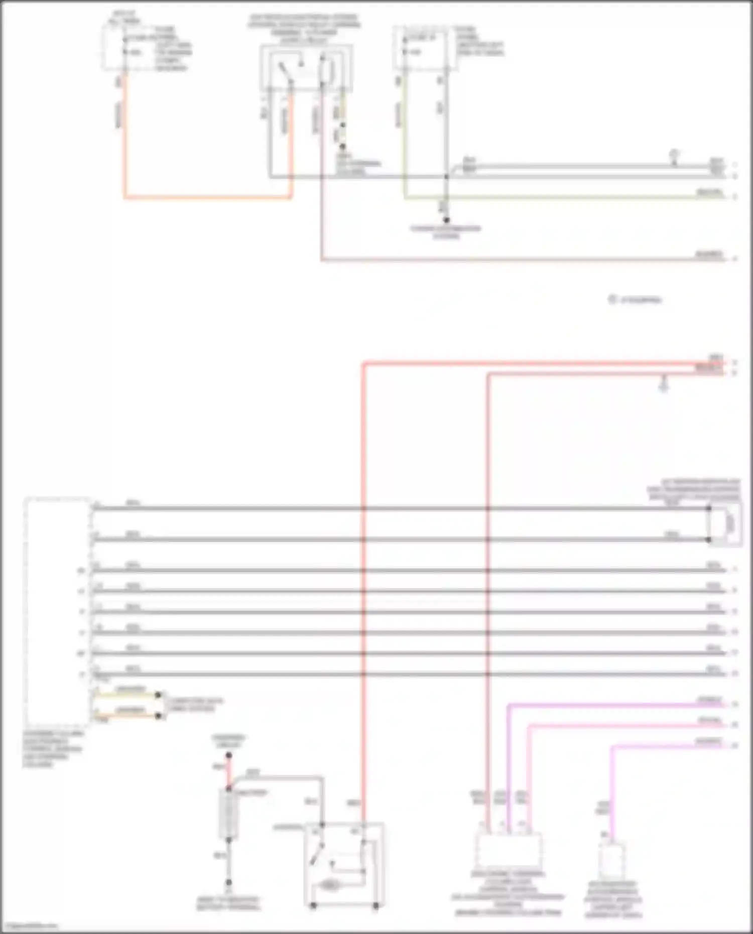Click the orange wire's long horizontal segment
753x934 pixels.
206,197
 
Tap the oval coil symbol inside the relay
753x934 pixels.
329,885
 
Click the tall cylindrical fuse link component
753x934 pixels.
228,814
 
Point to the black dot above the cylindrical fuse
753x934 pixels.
228,755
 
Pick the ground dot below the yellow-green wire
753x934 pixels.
446,220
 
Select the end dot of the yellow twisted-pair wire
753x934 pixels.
158,695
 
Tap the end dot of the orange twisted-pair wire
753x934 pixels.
158,716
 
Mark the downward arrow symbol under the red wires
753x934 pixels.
664,385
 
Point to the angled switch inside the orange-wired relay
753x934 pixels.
285,73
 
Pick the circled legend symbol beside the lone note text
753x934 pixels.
612,300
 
